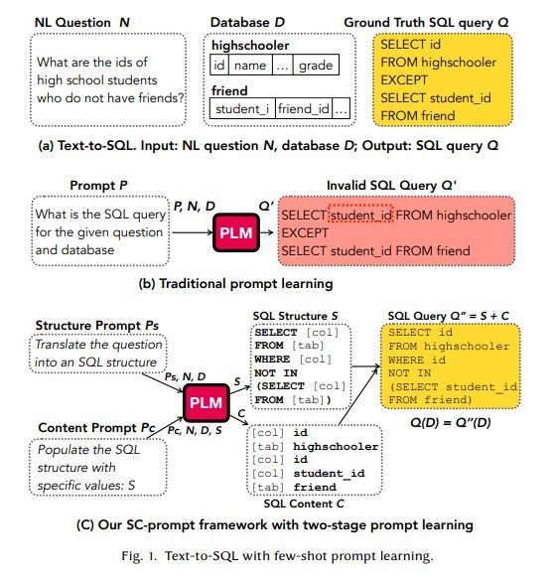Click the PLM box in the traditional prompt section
click(x=236, y=232)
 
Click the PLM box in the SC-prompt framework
click(x=207, y=403)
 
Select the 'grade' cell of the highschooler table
click(x=316, y=66)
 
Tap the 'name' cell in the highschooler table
click(x=250, y=66)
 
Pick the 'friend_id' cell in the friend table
click(x=304, y=108)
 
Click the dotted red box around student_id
click(x=360, y=214)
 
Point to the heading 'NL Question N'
click(x=82, y=23)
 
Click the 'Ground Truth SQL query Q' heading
click(x=426, y=23)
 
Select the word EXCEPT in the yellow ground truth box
click(x=404, y=79)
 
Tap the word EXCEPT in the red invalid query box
click(x=305, y=233)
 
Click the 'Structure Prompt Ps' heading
click(x=97, y=325)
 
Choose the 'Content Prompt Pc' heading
click(x=97, y=428)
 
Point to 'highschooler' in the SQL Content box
click(x=336, y=447)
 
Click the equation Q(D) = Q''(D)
click(x=451, y=422)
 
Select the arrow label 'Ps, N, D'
click(x=185, y=376)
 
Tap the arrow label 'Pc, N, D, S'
click(x=195, y=430)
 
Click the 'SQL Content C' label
click(x=304, y=504)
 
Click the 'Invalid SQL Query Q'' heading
click(x=391, y=185)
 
